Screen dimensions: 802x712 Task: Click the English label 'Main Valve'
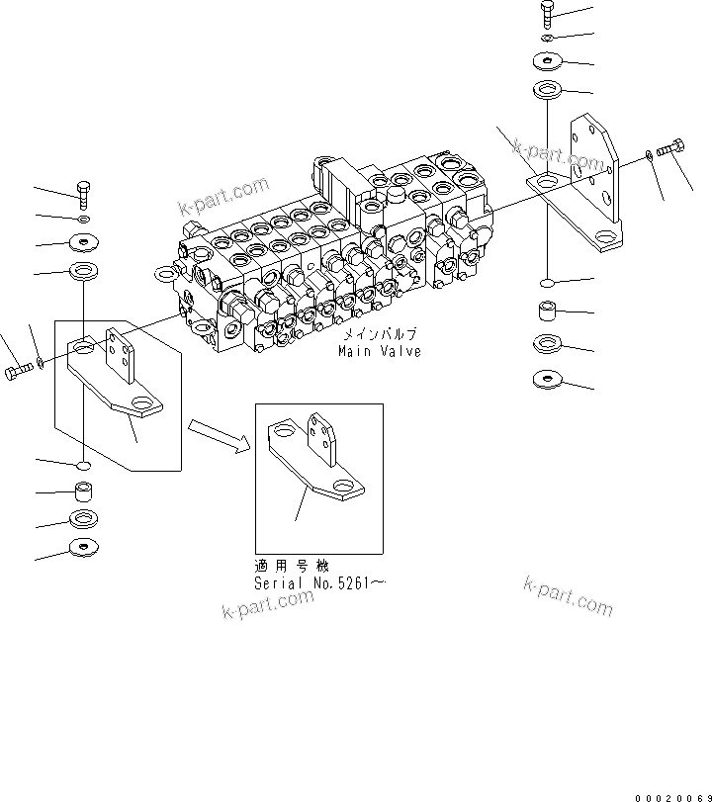coord(379,351)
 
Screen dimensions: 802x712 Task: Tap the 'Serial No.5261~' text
coord(318,584)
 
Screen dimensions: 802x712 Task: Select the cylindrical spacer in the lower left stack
coord(85,490)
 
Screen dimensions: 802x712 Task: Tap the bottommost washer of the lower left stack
coord(85,547)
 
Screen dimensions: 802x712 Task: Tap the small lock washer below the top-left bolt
coord(85,219)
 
